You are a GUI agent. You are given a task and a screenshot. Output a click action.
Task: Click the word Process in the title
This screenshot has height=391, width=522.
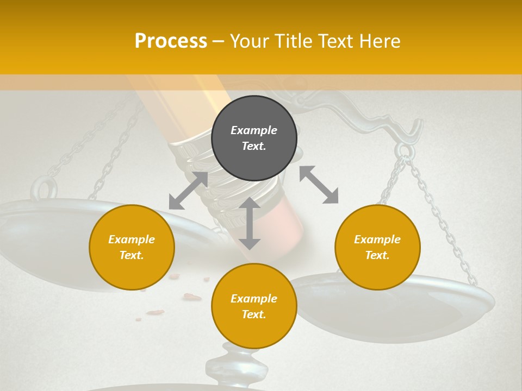point(171,41)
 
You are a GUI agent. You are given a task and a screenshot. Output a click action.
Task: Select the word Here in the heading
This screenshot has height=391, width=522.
point(378,41)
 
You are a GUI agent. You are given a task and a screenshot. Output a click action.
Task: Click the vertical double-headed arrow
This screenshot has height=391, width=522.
point(250,223)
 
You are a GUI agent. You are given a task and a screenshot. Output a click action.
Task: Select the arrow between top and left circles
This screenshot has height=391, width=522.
point(188,191)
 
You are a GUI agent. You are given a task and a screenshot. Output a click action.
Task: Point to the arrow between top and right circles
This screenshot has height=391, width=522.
point(319,185)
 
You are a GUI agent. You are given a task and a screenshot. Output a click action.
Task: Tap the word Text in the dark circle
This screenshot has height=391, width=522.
point(254,146)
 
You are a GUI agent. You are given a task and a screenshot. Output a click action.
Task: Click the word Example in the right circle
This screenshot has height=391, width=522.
point(377,239)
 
